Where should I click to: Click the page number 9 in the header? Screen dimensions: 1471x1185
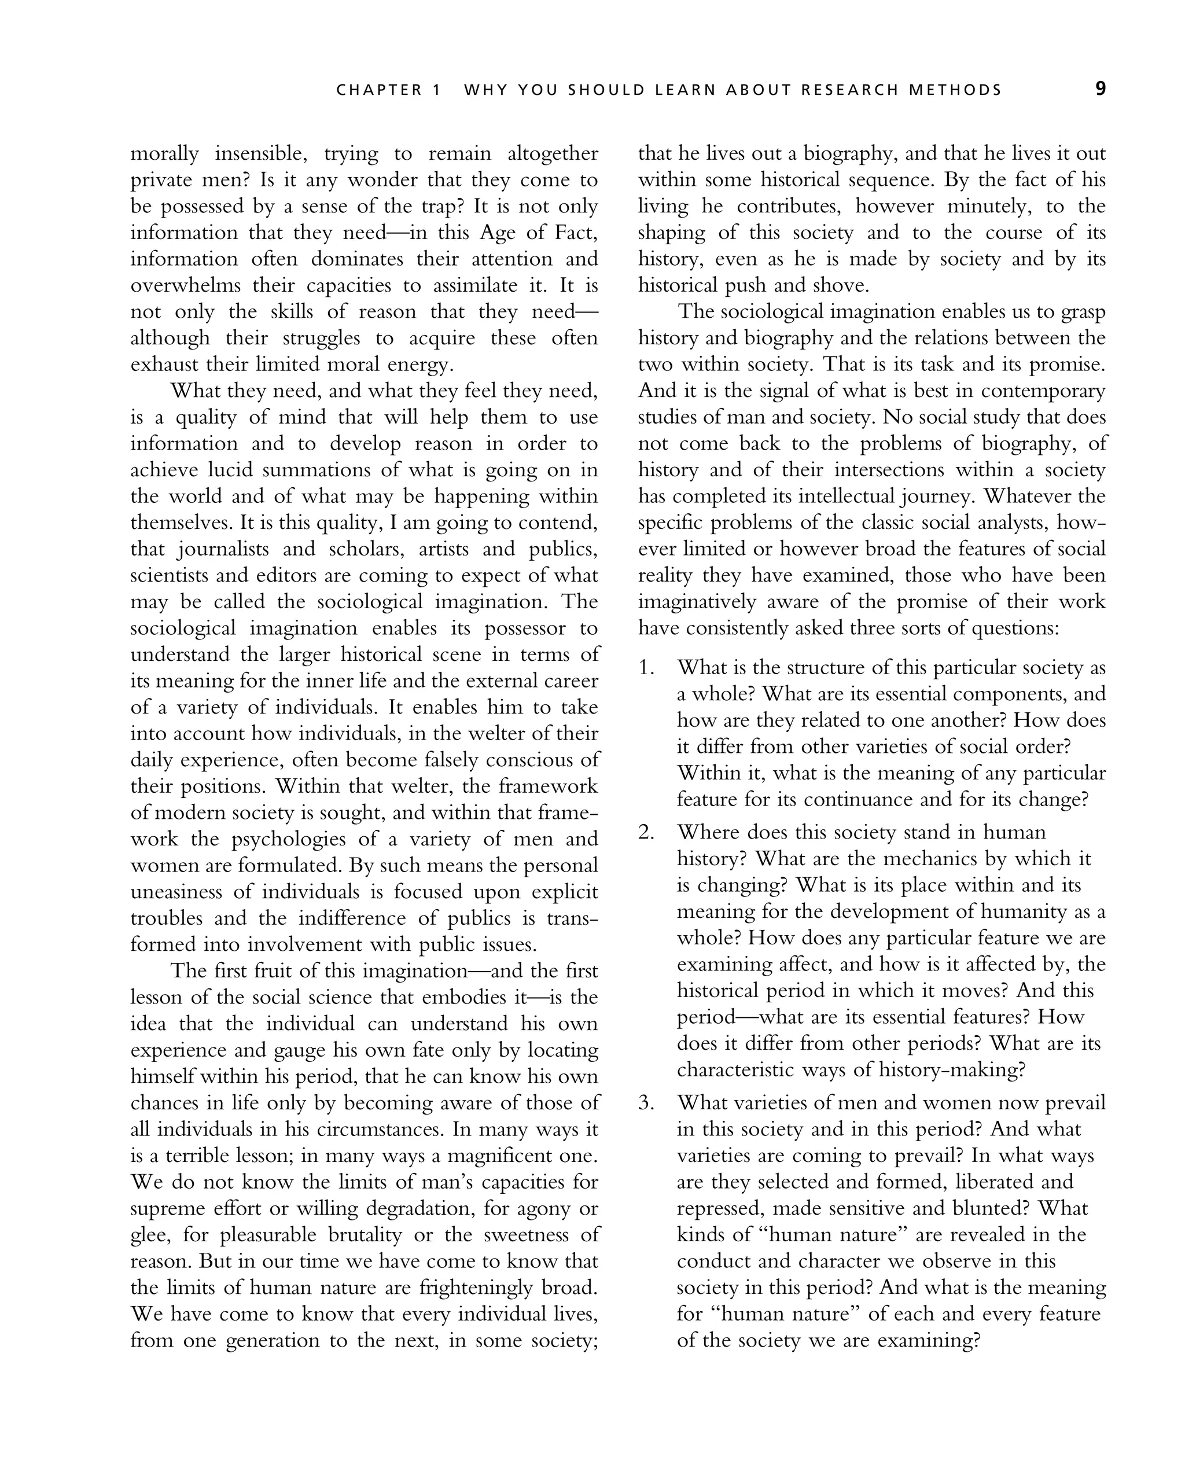(x=1101, y=90)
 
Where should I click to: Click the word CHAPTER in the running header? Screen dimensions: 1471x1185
(x=380, y=90)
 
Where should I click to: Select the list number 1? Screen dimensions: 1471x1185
(x=646, y=668)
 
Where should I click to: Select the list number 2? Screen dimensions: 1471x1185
(x=646, y=832)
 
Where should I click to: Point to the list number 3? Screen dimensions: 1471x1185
(x=646, y=1103)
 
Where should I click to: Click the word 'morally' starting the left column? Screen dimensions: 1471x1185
(x=164, y=153)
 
